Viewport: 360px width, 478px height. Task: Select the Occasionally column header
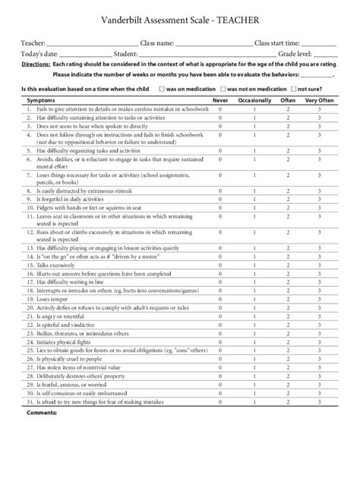pyautogui.click(x=254, y=100)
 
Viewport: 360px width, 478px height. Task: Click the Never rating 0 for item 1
pyautogui.click(x=220, y=110)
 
